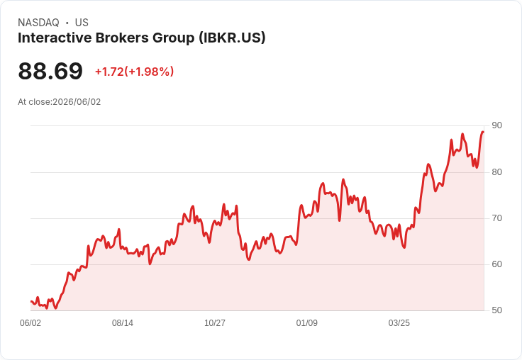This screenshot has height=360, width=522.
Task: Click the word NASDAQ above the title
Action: (x=38, y=23)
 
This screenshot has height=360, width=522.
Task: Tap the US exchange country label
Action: (x=82, y=23)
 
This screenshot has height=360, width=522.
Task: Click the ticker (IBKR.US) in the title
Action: (x=232, y=38)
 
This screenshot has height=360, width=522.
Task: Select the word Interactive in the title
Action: (x=55, y=38)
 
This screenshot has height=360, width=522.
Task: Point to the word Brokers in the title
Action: (x=122, y=38)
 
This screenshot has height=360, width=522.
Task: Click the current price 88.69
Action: (x=50, y=71)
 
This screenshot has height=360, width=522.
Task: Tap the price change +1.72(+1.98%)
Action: (x=135, y=72)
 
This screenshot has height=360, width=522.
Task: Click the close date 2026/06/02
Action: (x=77, y=102)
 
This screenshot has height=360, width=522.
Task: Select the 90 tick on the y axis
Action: (x=496, y=125)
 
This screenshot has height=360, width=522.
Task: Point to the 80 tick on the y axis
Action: (x=496, y=172)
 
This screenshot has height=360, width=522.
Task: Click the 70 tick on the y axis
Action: (x=496, y=218)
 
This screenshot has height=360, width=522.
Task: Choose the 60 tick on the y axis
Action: (x=496, y=264)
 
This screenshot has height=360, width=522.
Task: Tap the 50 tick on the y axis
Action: (x=496, y=310)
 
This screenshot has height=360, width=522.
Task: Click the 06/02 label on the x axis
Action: (x=30, y=323)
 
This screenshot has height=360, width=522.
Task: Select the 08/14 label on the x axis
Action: (x=123, y=323)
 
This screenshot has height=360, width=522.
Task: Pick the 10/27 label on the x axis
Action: (x=215, y=323)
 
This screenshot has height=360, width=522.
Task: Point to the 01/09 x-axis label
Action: (x=307, y=323)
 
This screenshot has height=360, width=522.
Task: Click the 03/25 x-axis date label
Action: (x=399, y=323)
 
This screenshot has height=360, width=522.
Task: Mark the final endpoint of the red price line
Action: (x=483, y=132)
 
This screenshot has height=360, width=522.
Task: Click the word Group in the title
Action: (x=174, y=38)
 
